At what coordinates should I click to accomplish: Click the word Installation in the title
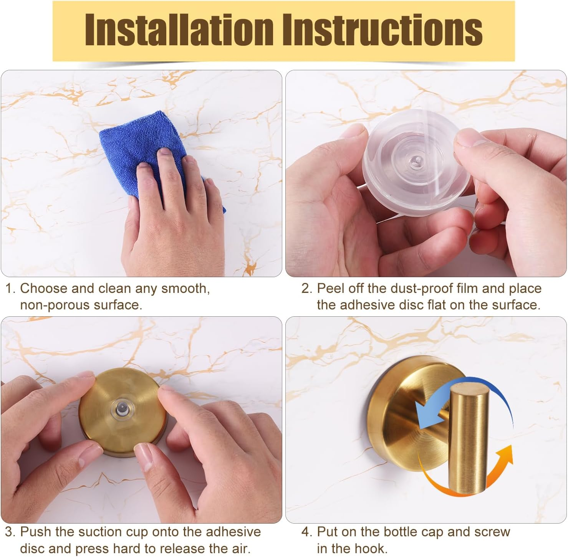click(x=178, y=30)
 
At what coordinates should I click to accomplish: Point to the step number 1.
click(x=10, y=289)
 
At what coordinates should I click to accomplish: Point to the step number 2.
click(x=306, y=289)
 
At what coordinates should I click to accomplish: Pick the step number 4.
click(x=306, y=532)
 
